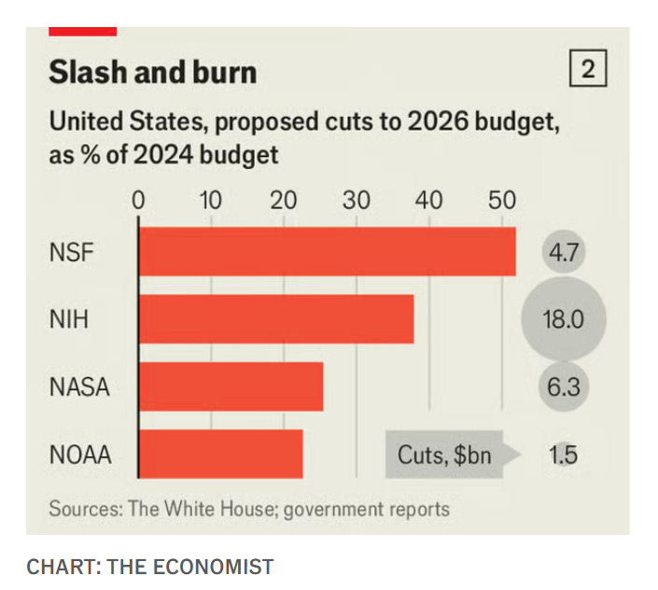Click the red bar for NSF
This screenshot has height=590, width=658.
327,252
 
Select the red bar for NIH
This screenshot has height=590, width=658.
276,319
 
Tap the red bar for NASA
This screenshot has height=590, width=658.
231,386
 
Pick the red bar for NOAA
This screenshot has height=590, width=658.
220,454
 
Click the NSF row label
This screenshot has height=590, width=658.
71,253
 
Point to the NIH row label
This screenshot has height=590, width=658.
68,320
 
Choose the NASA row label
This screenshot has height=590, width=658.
79,386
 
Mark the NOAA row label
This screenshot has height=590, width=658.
80,455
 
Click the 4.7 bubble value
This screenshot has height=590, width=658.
563,253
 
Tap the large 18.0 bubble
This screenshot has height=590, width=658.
563,320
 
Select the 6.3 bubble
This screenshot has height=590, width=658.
563,386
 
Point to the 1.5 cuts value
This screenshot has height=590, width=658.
563,455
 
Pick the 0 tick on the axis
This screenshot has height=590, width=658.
139,200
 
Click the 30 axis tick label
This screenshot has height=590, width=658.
356,200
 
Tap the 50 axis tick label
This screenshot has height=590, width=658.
500,200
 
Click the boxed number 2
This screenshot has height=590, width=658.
587,70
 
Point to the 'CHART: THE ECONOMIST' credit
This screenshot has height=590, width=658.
150,567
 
